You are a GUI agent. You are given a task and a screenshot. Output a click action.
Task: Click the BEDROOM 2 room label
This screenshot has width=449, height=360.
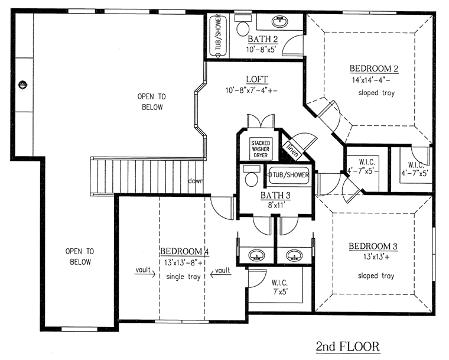(374, 69)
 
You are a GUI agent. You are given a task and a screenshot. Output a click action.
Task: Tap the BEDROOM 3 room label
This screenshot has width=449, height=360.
(373, 247)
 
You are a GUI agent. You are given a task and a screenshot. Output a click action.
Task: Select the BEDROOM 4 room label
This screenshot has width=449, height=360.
(184, 251)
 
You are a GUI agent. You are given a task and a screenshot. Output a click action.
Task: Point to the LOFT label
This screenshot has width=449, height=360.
(257, 79)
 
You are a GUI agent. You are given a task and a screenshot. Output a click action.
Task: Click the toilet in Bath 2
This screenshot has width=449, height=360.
(243, 26)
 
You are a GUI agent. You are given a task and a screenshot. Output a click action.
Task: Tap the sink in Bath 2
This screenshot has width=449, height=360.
(279, 21)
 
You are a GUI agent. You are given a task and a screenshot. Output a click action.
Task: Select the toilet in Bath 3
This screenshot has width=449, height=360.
(252, 176)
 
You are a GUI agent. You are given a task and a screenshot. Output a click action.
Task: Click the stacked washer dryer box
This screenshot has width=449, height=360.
(261, 149)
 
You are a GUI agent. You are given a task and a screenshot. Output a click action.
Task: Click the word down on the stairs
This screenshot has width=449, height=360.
(196, 181)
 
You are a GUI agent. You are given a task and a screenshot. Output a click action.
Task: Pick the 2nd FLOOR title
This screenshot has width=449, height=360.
(348, 346)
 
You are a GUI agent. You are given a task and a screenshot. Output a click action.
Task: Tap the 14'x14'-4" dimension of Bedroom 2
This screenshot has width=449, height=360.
(371, 80)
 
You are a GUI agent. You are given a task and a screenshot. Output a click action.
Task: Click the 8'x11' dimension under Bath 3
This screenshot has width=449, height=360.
(276, 205)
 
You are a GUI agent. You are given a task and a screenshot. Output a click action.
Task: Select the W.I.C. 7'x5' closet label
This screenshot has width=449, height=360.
(280, 287)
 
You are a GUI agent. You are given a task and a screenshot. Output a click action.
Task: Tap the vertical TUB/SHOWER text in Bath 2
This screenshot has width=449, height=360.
(218, 32)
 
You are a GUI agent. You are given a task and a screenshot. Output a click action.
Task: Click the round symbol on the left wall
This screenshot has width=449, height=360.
(22, 85)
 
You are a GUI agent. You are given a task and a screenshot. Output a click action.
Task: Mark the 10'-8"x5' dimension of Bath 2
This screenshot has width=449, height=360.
(261, 49)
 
